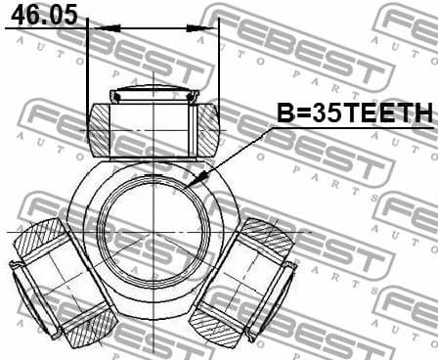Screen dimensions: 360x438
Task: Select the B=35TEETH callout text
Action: pos(353,115)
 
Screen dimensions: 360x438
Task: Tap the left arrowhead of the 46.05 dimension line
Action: pos(95,27)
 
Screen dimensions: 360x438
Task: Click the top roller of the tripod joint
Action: pos(153,124)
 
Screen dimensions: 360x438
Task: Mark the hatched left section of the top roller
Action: pos(100,128)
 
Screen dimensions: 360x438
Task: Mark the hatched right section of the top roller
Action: pos(208,128)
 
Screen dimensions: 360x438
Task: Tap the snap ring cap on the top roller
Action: pos(154,95)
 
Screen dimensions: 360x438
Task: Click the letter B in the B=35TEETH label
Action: pos(284,115)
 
